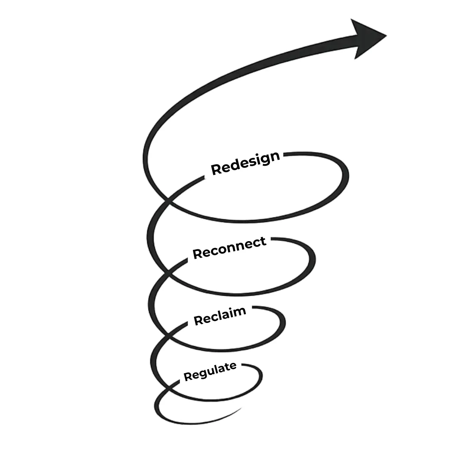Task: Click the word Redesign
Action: point(245,163)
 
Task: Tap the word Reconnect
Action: point(229,248)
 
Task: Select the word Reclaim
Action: point(220,316)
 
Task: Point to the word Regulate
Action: point(210,371)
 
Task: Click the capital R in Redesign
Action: point(216,169)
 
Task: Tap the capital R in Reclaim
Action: point(198,320)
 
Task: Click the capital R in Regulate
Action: point(187,376)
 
